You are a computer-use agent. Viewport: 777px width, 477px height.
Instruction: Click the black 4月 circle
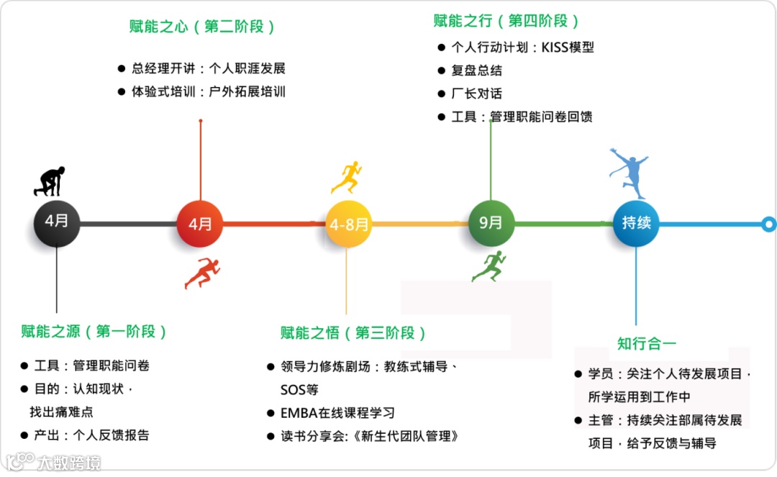tap(56, 223)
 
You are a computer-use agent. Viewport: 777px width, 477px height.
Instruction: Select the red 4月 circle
tap(200, 224)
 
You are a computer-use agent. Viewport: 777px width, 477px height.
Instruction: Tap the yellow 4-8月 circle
tap(348, 224)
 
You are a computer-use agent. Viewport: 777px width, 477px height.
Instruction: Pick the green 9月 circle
tap(491, 223)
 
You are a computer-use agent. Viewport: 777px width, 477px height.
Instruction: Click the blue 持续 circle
tap(636, 223)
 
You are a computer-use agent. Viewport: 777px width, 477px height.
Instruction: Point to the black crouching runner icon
tap(50, 181)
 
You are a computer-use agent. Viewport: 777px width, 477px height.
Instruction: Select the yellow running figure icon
tap(346, 177)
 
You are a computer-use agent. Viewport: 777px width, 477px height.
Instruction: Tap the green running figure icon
tap(489, 265)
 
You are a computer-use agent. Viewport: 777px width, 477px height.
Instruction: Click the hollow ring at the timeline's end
tap(768, 224)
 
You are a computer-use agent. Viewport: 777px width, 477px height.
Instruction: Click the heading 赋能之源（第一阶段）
tap(94, 332)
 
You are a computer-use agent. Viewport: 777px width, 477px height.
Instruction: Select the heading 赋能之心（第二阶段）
tap(202, 27)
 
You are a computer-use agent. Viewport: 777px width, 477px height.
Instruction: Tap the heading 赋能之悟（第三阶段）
tap(353, 333)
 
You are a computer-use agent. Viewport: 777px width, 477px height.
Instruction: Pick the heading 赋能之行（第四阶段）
tap(506, 21)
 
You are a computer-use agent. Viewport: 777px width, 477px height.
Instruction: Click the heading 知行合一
tap(647, 343)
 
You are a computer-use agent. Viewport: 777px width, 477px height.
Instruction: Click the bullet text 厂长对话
tap(476, 94)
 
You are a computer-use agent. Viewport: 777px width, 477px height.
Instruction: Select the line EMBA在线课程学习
tap(337, 413)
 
